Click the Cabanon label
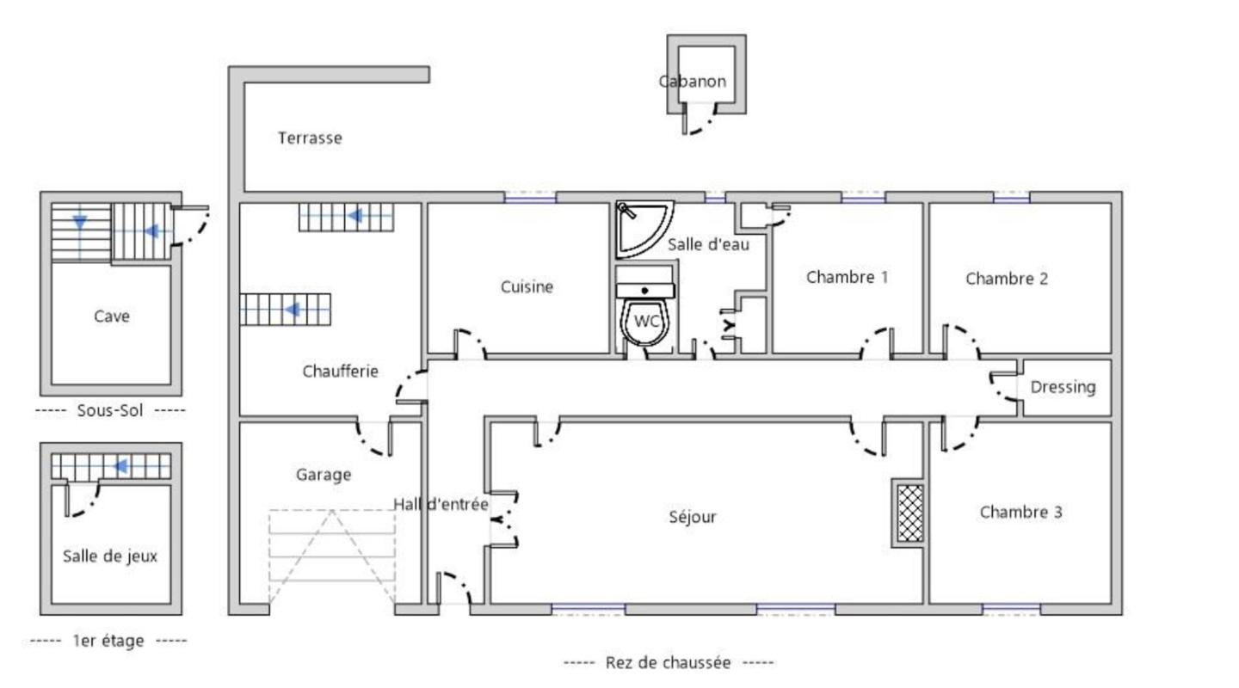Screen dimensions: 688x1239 pos(693,82)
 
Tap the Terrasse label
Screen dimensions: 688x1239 pos(310,138)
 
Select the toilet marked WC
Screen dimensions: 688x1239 pos(647,323)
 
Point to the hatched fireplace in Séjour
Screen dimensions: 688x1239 pos(909,513)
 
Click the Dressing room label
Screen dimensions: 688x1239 pos(1063,387)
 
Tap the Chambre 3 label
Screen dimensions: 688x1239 pos(1020,513)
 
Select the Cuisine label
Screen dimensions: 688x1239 pos(527,287)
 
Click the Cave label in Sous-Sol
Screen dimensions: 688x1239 pos(112,316)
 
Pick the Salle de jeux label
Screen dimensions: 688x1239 pos(110,556)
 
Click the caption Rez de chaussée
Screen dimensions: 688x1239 pos(669,662)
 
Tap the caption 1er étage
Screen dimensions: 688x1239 pos(108,641)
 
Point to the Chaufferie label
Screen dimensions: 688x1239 pos(340,372)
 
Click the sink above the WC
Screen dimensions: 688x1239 pos(645,290)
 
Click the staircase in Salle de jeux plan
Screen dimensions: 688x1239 pos(110,466)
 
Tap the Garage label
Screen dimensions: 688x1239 pos(324,474)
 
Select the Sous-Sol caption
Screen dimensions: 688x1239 pos(110,410)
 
